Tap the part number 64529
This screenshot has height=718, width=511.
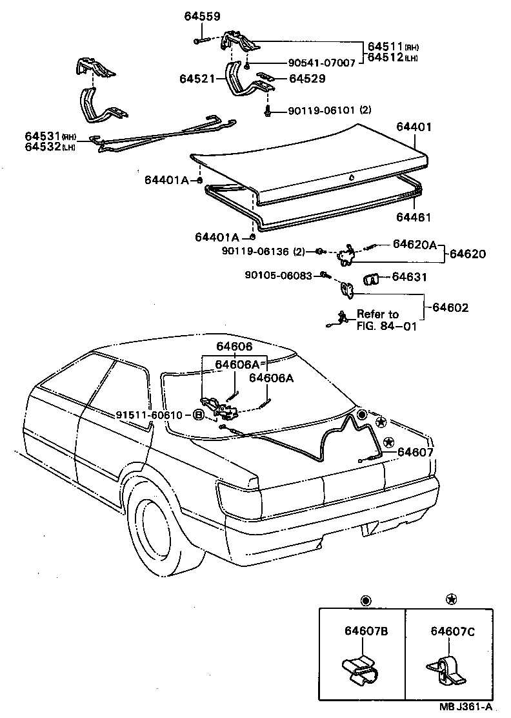(306, 78)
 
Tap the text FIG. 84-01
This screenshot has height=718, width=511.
(386, 326)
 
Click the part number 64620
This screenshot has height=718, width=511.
(468, 254)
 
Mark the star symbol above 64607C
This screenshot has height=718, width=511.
(450, 600)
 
